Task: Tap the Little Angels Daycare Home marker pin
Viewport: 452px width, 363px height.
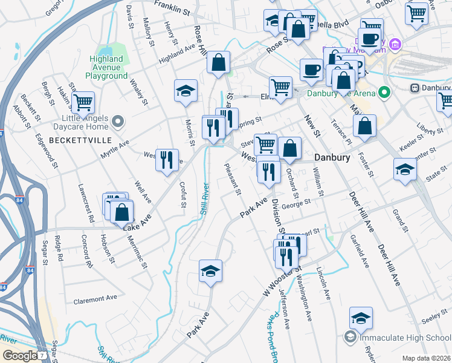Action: pos(118,123)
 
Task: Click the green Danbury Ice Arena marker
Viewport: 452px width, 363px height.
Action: pos(383,93)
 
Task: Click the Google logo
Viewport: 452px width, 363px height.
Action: pos(19,356)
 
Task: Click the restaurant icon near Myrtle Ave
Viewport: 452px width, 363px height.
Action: pos(167,160)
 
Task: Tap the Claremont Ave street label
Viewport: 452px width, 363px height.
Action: pos(95,299)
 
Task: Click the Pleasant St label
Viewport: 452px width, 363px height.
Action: pos(233,179)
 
